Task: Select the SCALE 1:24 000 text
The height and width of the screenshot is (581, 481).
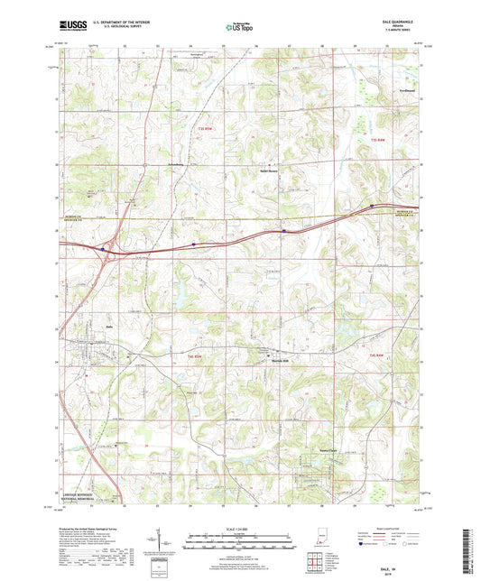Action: click(x=239, y=528)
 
